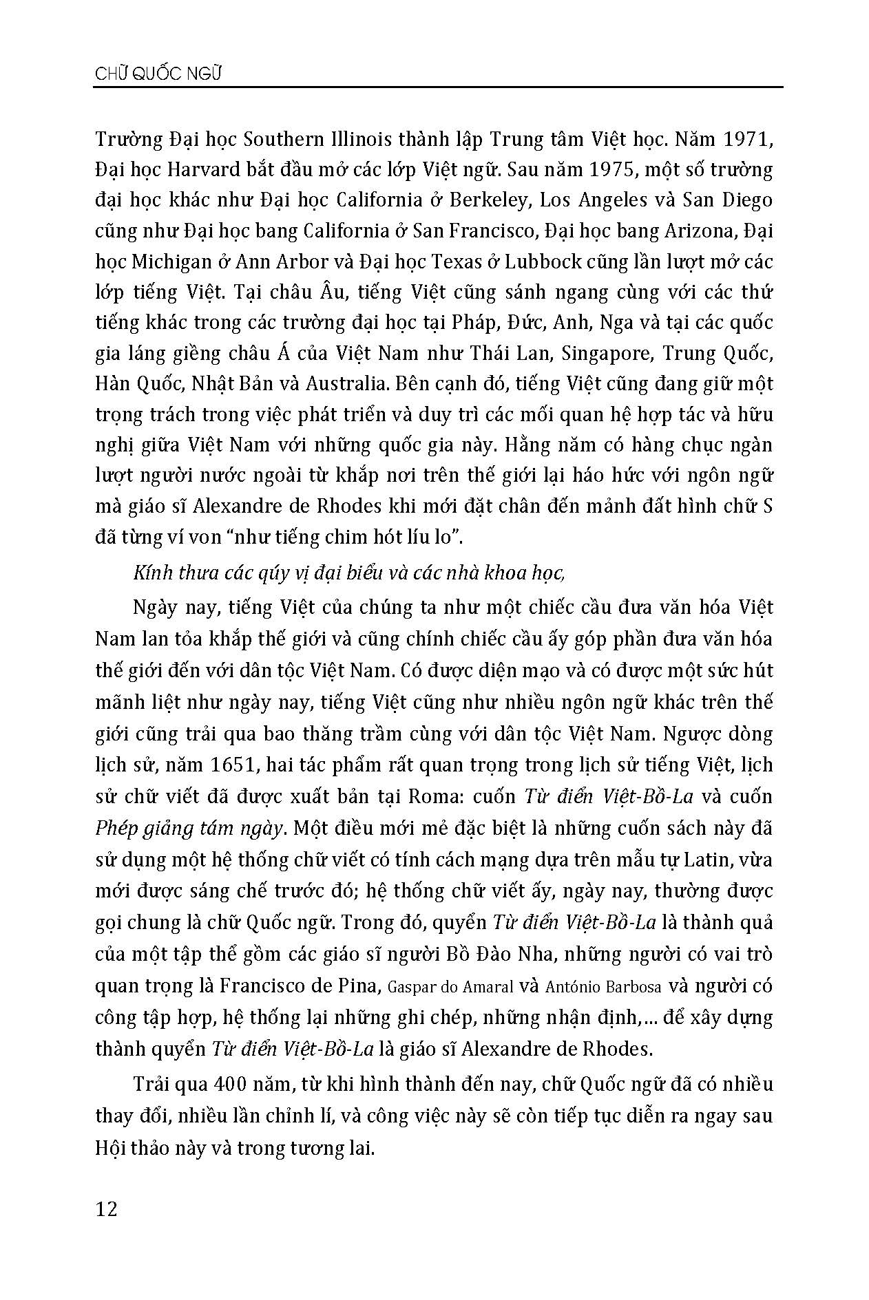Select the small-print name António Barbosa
click(603, 986)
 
